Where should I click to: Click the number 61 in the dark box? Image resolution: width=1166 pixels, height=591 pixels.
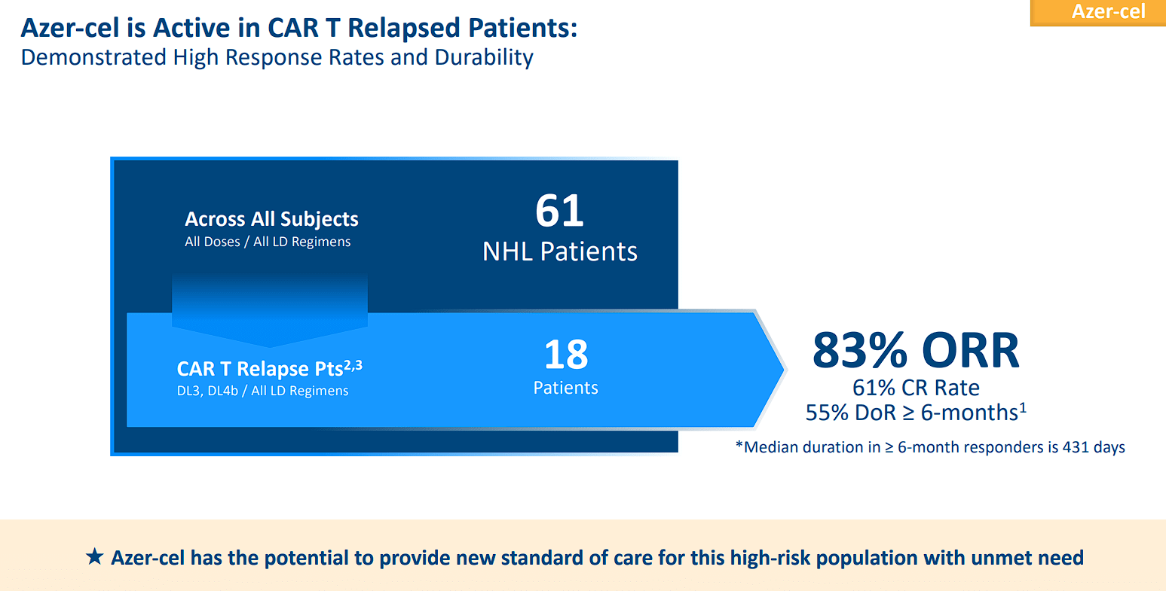559,211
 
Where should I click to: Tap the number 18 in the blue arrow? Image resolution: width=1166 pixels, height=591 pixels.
566,354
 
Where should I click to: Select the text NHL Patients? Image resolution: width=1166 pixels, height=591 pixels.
559,251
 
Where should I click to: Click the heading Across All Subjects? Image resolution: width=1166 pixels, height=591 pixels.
271,219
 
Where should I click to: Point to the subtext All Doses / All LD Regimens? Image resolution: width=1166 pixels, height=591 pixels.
268,242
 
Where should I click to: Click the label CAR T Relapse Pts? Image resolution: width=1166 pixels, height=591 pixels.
259,369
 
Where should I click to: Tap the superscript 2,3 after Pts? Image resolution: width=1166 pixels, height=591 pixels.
353,365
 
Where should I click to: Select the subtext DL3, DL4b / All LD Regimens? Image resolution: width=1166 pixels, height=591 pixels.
262,391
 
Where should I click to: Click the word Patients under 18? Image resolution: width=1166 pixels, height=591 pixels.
565,388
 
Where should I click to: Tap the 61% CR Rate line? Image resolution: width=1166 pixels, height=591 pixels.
916,388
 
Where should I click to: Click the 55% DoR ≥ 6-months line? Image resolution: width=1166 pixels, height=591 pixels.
916,413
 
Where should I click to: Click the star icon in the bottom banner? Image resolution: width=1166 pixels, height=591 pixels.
95,557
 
